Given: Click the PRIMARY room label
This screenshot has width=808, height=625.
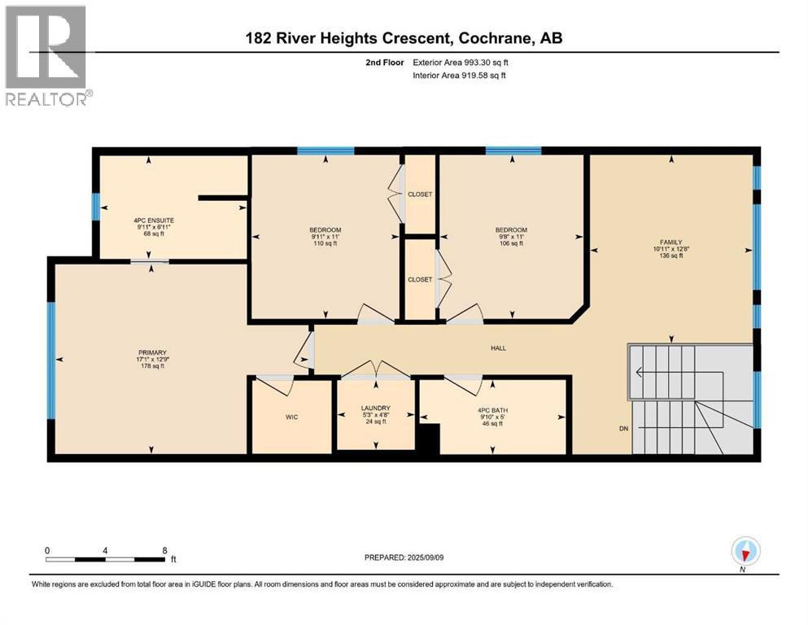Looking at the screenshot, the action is click(x=152, y=353).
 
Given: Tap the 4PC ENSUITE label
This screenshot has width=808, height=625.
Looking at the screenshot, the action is click(x=154, y=221).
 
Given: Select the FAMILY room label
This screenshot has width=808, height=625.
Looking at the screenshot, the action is click(x=671, y=243).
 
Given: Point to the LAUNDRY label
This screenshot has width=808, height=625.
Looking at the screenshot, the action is click(x=376, y=408).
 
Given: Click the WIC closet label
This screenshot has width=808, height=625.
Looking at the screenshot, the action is click(x=291, y=417).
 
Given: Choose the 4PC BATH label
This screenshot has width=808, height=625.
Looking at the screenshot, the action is click(x=492, y=411).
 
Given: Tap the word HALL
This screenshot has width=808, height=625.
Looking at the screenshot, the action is click(x=498, y=348).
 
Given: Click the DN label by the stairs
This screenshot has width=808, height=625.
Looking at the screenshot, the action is click(x=623, y=429).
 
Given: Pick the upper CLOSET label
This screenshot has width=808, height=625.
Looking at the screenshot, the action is click(x=420, y=194).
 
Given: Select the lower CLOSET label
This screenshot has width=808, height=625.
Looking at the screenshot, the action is click(x=420, y=279).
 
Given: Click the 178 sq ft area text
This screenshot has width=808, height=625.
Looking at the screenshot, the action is click(x=152, y=366).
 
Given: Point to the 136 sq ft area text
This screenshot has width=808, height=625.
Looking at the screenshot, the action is click(x=671, y=256).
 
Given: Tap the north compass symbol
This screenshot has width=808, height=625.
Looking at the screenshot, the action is click(x=745, y=551).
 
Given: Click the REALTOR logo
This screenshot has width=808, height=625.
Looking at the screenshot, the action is click(x=48, y=55).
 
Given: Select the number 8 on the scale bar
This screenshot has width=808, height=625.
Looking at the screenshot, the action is click(x=164, y=550).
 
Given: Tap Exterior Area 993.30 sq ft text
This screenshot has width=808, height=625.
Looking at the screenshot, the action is click(x=461, y=63).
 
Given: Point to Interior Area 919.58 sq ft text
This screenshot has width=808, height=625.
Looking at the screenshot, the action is click(x=459, y=75).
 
